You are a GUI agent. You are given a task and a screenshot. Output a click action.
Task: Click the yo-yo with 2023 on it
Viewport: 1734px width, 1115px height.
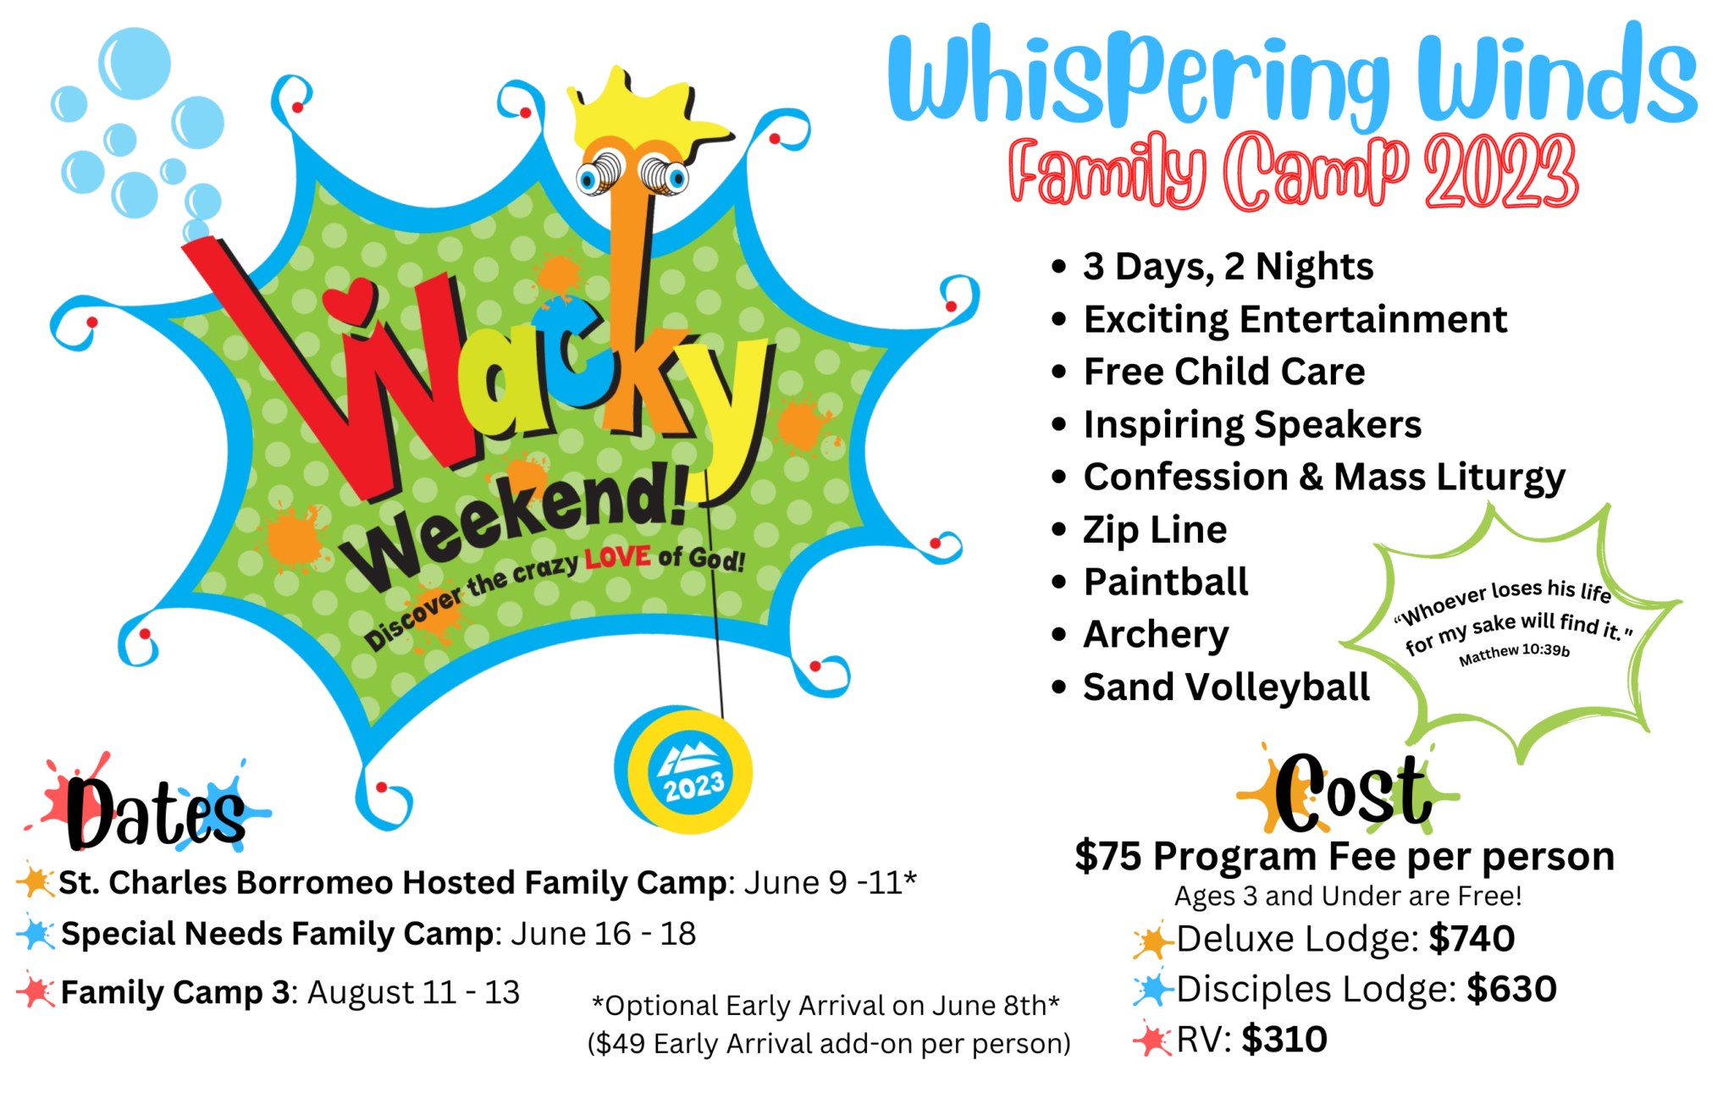683,770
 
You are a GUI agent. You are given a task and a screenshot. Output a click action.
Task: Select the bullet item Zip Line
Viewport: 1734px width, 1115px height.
1155,530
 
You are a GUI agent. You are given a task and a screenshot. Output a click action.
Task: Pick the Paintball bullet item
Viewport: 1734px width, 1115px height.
1166,582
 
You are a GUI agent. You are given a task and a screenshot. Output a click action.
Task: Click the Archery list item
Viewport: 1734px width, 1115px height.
1156,635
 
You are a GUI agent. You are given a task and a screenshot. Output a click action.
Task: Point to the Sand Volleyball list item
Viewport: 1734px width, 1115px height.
1226,687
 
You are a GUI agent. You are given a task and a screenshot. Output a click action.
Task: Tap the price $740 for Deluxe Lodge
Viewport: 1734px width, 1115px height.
1472,938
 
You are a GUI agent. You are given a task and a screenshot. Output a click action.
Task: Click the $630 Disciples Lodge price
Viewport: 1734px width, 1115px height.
1511,989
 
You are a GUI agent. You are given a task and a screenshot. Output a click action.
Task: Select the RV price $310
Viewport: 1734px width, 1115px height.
1284,1040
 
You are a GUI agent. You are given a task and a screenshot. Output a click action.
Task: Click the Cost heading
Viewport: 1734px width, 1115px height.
1352,792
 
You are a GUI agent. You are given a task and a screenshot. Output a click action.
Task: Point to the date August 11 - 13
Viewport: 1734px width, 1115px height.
413,992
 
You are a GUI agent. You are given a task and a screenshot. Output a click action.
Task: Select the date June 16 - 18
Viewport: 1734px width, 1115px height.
603,934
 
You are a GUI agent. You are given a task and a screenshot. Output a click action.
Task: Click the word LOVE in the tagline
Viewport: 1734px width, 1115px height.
618,558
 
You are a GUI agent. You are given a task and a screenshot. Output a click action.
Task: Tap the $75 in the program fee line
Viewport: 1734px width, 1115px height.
1108,857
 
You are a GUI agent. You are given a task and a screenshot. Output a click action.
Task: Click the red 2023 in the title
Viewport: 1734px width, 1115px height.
1501,172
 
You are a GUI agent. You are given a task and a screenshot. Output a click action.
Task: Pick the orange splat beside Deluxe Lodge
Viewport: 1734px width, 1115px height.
1151,941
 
